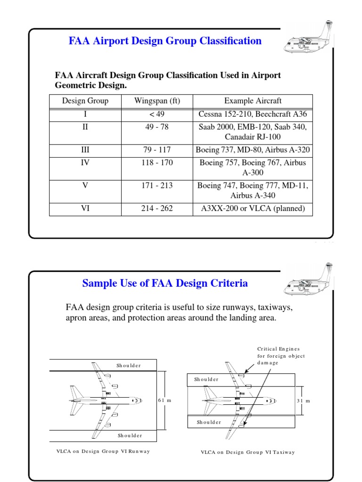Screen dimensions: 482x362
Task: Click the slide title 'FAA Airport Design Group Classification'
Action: [x=165, y=41]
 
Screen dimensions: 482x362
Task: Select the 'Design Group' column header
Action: [x=85, y=101]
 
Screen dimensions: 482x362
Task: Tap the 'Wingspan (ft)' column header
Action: [x=157, y=101]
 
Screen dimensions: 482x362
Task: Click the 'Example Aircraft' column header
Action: [x=253, y=101]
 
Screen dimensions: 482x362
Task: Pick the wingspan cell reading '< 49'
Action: [x=157, y=114]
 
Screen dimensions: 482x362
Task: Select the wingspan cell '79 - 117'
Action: [x=157, y=150]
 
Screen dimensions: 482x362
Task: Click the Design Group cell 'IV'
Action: [x=85, y=162]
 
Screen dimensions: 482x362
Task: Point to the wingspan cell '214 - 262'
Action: [x=157, y=209]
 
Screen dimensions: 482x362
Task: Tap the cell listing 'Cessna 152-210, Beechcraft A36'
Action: [x=253, y=114]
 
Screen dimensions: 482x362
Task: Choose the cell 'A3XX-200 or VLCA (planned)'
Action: [x=253, y=209]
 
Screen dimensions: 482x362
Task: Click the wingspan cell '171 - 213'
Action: [x=157, y=185]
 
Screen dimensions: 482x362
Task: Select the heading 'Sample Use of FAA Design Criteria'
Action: [x=165, y=283]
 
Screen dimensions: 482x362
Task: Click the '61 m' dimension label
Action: [x=164, y=400]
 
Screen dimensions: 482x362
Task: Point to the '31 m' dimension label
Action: [x=304, y=401]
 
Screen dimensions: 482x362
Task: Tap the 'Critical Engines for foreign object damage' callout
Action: [x=281, y=356]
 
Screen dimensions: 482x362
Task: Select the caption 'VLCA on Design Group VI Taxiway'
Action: [x=247, y=452]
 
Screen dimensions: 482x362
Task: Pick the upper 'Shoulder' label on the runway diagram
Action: [x=128, y=365]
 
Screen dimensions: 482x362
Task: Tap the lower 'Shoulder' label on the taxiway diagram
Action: [x=209, y=422]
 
